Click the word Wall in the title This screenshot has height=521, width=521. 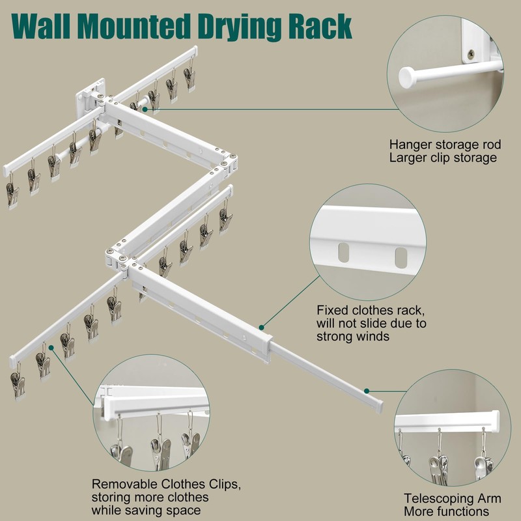tap(40, 26)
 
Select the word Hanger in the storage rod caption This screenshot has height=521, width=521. tap(410, 145)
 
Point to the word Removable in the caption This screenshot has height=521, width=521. tap(124, 484)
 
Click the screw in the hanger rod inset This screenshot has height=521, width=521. tap(471, 54)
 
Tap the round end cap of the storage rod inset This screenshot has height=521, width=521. tap(406, 77)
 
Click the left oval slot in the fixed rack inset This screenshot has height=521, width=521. tap(344, 252)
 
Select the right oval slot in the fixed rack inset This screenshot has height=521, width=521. tap(401, 257)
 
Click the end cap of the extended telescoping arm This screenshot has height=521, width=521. tap(379, 406)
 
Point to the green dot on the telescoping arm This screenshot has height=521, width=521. tap(367, 391)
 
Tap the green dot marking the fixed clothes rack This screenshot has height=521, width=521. tap(262, 328)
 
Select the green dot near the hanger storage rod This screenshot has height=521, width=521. tap(145, 109)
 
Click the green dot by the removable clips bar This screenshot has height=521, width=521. tap(51, 348)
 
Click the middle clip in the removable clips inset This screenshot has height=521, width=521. tap(160, 452)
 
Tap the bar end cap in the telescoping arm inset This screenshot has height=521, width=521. tap(495, 421)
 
